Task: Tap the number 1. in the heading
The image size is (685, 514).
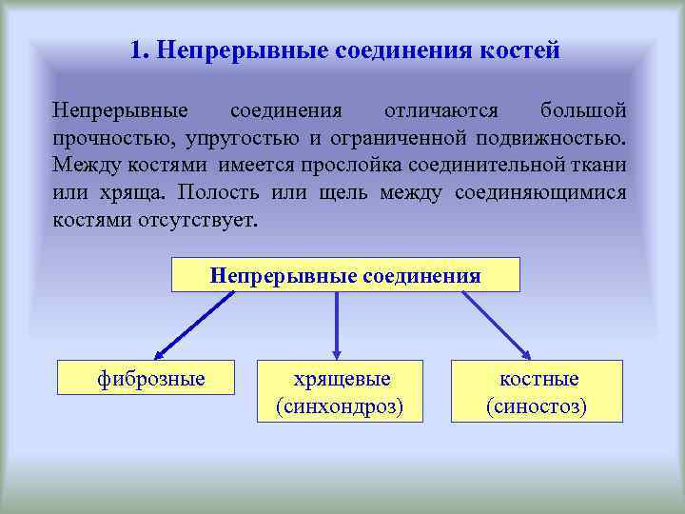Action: pos(140,49)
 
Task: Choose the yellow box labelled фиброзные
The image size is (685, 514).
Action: pos(151,379)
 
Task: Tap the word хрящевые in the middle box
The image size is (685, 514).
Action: pos(342,379)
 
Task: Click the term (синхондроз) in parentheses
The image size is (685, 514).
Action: pos(340,407)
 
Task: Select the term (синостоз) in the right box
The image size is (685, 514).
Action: pos(537,407)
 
